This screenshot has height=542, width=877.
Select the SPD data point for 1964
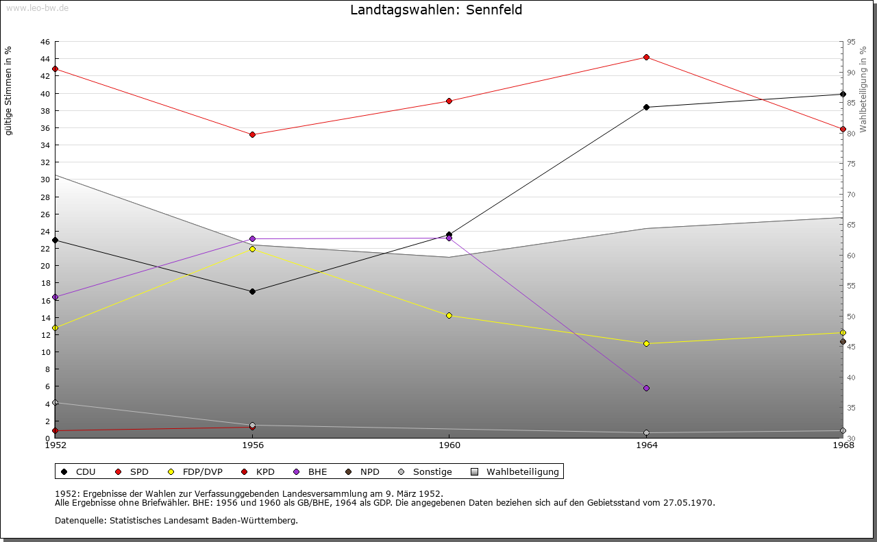(646, 57)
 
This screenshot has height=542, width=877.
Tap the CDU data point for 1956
(252, 291)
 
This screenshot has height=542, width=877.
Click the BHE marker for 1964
(646, 388)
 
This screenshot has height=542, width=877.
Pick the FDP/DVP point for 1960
(449, 315)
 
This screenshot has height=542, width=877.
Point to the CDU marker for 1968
(843, 94)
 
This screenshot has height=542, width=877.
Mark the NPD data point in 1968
(843, 341)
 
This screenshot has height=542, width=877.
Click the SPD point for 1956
(252, 134)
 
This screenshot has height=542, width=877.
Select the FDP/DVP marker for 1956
(252, 249)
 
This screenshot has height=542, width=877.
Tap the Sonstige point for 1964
(646, 432)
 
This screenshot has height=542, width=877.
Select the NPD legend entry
(362, 471)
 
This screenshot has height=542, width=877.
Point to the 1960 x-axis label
(449, 445)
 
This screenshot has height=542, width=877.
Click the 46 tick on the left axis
(44, 42)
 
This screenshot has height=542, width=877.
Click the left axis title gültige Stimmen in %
(9, 91)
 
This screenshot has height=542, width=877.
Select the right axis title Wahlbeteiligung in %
(863, 89)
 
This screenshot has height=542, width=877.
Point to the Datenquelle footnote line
(176, 520)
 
